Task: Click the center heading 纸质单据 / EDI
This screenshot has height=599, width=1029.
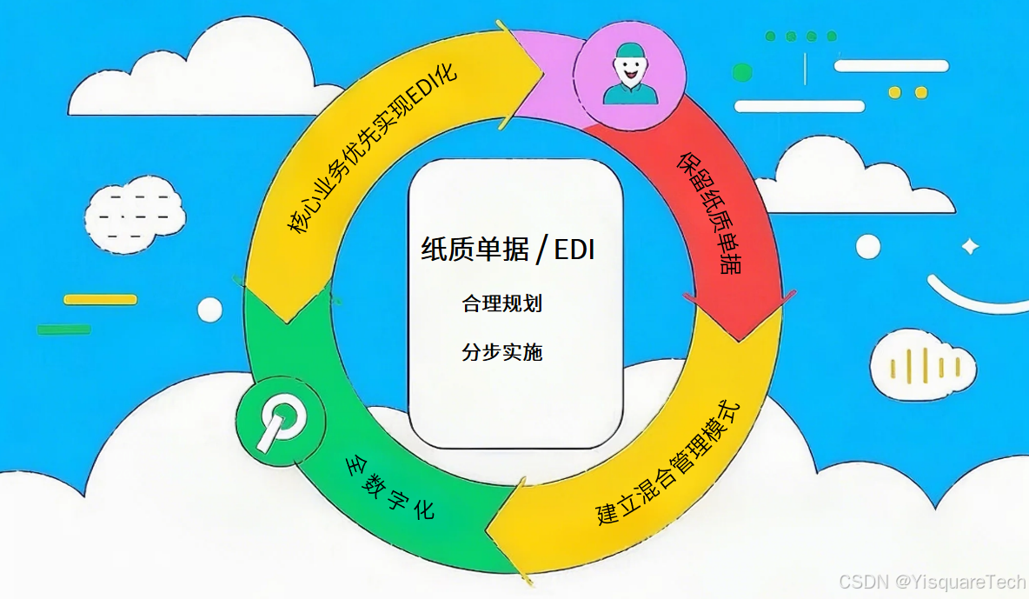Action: coord(509,250)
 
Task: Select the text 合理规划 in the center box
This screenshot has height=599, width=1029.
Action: coord(502,303)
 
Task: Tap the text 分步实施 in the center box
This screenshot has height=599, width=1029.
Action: coord(502,352)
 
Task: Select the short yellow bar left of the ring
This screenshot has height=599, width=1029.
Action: coord(100,299)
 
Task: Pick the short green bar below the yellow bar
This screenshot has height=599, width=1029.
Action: coord(63,329)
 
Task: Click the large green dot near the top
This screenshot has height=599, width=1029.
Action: coord(742,72)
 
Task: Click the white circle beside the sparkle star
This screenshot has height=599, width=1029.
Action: coord(867,247)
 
